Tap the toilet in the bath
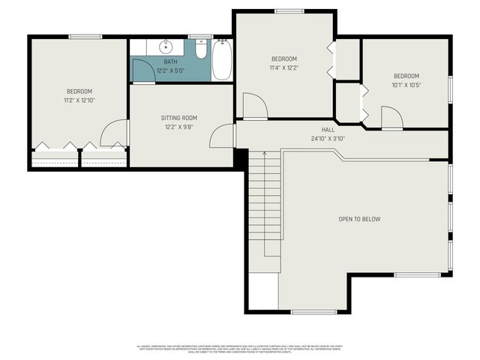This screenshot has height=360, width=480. tap(200, 49)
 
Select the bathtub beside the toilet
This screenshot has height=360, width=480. tap(222, 60)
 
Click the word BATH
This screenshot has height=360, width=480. tap(171, 62)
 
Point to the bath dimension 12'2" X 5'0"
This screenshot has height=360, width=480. tap(171, 70)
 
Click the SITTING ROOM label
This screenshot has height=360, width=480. tap(178, 118)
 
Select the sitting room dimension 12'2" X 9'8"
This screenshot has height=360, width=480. tap(178, 127)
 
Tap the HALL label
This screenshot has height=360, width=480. tap(328, 130)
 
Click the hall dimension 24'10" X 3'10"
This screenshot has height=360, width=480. tap(328, 139)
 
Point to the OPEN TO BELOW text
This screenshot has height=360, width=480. tap(359, 219)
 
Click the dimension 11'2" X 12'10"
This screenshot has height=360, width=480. tap(79, 100)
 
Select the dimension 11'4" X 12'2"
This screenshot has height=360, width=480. tap(283, 67)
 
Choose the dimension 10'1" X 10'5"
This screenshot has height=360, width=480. tap(406, 84)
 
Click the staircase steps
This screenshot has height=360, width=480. tap(264, 202)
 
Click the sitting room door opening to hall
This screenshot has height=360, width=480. tap(222, 136)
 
